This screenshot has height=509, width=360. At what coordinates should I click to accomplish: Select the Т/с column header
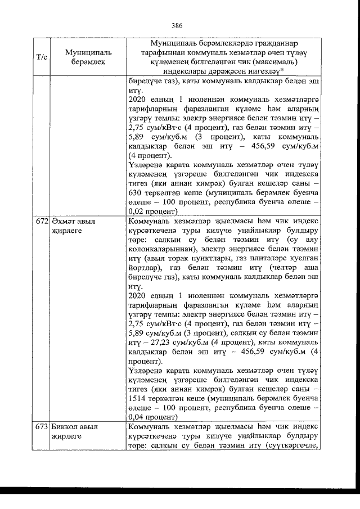coord(41,57)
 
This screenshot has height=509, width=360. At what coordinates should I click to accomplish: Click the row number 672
coord(42,222)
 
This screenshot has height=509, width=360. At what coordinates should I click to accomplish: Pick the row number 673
coord(42,427)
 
